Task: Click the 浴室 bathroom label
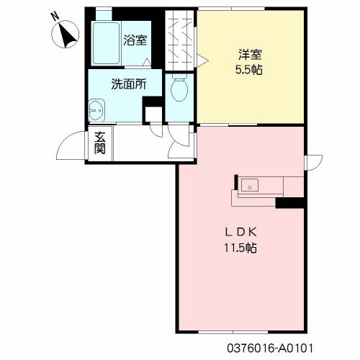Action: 135,40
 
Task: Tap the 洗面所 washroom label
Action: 129,84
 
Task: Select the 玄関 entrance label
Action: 100,143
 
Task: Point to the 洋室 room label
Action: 250,55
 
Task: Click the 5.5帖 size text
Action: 248,70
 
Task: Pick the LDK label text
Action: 240,232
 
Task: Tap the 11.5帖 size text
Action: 240,248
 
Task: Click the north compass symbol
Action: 66,35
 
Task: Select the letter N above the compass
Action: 55,17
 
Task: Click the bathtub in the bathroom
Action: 106,43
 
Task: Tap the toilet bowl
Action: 179,88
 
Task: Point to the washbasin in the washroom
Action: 96,111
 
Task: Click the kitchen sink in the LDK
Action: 250,185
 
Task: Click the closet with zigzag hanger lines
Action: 179,40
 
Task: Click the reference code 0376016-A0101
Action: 270,348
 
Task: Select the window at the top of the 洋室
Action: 231,9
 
